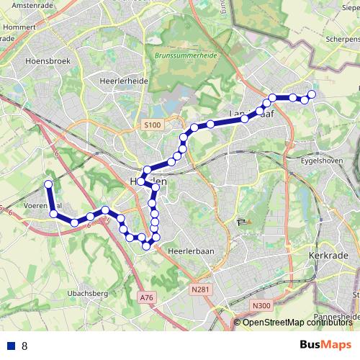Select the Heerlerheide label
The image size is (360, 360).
pos(125,81)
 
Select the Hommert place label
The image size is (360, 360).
pos(19,29)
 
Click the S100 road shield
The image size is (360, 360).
pos(152,125)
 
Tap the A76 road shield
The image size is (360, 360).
pos(147,297)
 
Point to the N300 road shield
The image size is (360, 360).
pos(262,306)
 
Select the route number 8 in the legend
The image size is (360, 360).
pos(24,346)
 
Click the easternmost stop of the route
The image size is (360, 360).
pos(312,94)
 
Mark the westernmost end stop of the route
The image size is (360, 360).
pos(48,184)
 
